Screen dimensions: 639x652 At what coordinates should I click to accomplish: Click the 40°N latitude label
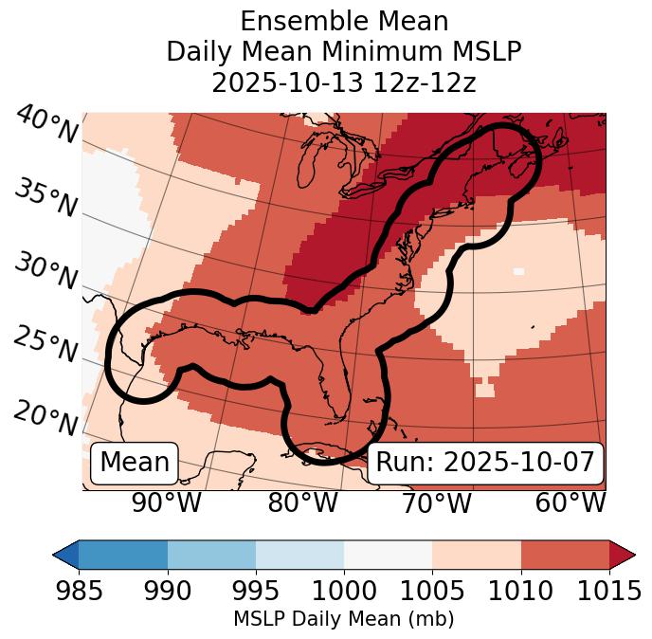tap(46, 125)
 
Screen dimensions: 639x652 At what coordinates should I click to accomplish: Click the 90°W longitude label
tap(167, 502)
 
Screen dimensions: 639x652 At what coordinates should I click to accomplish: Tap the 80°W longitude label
tap(303, 502)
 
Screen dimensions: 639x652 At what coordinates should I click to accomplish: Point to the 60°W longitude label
tap(570, 502)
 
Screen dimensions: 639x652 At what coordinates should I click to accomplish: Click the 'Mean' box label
tap(135, 463)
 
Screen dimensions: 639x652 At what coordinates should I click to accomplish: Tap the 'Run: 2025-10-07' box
tap(485, 463)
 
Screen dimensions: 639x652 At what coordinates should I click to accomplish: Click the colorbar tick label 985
tap(79, 592)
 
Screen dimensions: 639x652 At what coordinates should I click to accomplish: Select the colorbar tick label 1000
tap(343, 592)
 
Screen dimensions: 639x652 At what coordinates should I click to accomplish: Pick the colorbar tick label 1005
tap(432, 592)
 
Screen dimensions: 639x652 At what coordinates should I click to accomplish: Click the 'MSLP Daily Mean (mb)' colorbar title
tap(343, 619)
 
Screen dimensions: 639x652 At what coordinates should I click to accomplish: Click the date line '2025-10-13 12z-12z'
tap(343, 82)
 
